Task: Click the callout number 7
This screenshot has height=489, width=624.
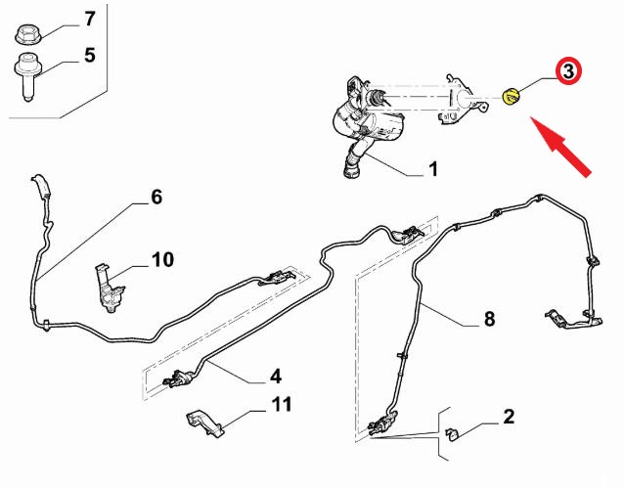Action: [x=89, y=19]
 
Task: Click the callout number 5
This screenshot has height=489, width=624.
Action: [x=89, y=55]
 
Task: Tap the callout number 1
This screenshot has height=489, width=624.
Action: [x=431, y=170]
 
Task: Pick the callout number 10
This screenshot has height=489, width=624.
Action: [x=161, y=260]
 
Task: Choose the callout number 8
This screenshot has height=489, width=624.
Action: [x=488, y=319]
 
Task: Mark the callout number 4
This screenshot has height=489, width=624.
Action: [x=276, y=376]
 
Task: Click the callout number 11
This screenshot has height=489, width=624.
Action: [x=282, y=404]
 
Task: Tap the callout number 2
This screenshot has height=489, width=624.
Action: [x=509, y=417]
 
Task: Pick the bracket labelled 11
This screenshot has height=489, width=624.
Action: [x=202, y=422]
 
